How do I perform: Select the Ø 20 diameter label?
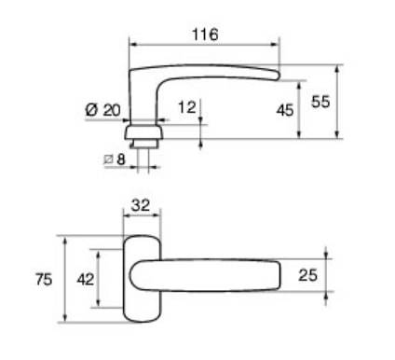pos(102,109)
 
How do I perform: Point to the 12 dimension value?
pos(186,107)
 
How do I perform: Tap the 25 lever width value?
pos(310,275)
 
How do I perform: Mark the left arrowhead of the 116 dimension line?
pos(132,44)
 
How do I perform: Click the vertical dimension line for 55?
pos(338,102)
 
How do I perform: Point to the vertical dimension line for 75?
pos(65,280)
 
